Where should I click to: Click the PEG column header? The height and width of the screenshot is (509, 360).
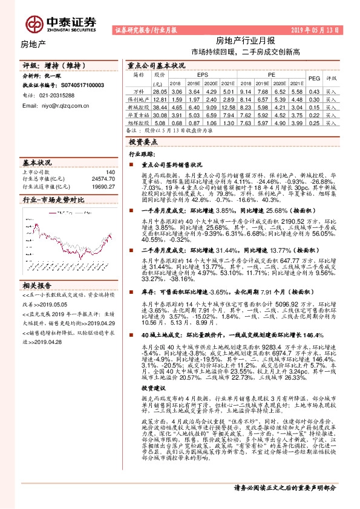[x=314, y=79]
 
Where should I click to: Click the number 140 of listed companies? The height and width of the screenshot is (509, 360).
[x=110, y=172]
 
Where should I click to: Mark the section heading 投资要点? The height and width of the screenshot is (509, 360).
[x=143, y=141]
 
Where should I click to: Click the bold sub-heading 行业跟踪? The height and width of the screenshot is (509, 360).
[x=142, y=154]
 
